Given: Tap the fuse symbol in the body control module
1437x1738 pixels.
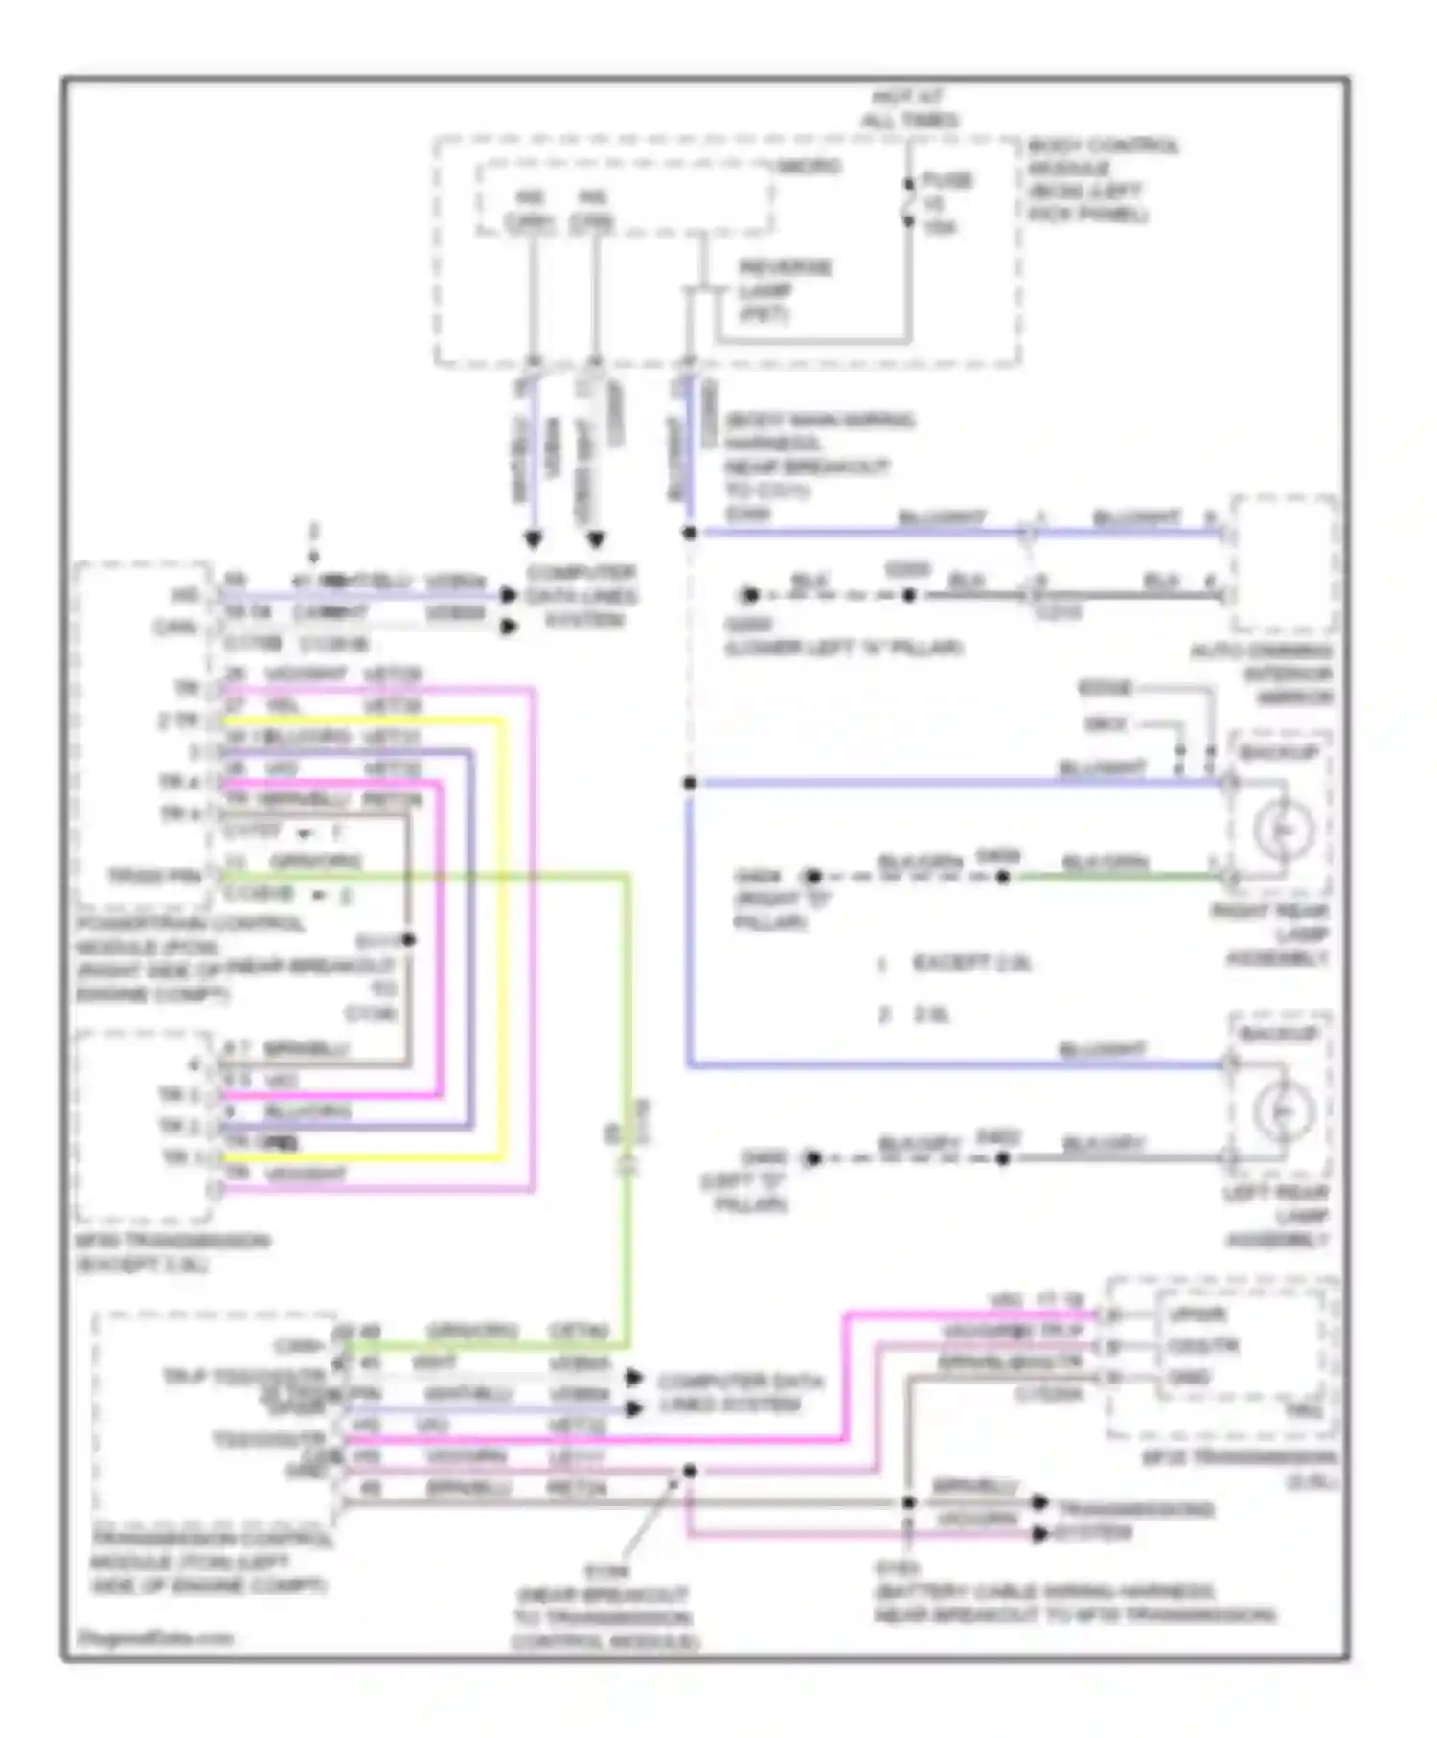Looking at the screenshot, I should [908, 203].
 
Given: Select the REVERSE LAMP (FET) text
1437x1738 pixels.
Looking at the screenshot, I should [784, 289].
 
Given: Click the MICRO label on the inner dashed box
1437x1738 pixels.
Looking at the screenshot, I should [809, 167].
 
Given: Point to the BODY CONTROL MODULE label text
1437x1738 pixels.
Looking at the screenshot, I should [1101, 180].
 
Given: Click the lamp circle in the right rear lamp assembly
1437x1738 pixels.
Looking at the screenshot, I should [1282, 829].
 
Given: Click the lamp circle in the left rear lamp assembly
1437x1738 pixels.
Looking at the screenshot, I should [1282, 1110].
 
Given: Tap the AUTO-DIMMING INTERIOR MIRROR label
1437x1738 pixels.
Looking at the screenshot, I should [1263, 675].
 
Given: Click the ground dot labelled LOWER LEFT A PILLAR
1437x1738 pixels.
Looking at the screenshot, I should [750, 595].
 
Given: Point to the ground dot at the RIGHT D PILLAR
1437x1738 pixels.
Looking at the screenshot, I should [812, 877].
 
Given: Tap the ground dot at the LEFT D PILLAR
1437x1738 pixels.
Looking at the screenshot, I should [812, 1158].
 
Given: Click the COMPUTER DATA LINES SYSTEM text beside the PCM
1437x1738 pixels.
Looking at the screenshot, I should [581, 596].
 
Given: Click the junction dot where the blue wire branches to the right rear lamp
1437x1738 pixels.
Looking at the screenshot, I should [689, 783].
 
